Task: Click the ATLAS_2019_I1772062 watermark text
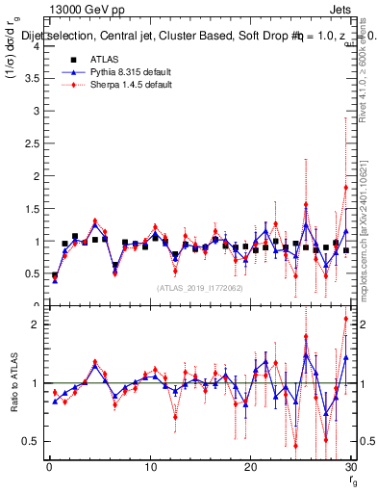click(x=198, y=288)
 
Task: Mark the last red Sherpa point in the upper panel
click(x=345, y=187)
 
